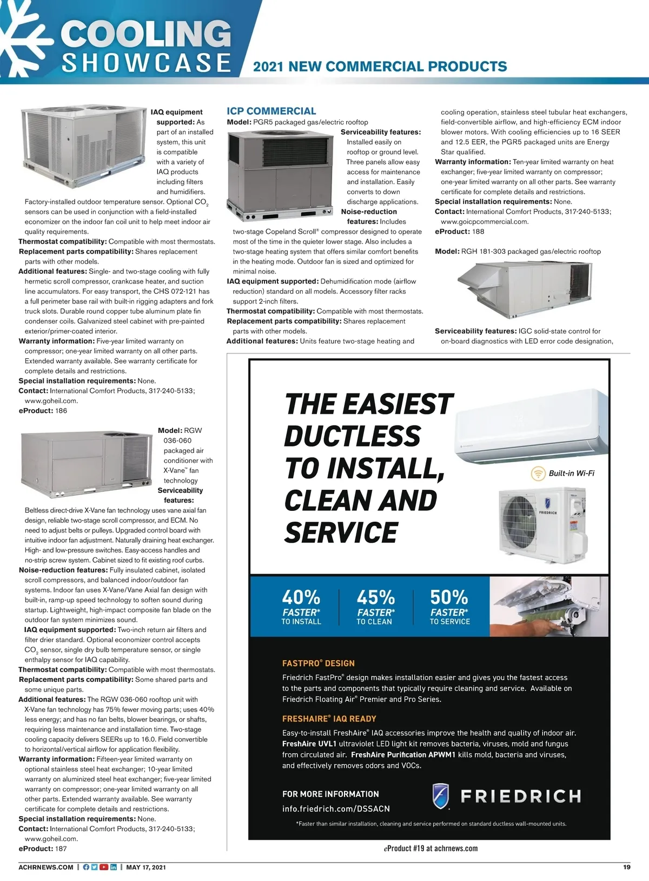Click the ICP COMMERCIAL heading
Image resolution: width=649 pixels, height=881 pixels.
tap(271, 111)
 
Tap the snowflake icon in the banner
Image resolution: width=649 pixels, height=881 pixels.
tap(24, 38)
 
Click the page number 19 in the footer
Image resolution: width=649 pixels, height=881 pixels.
tap(627, 867)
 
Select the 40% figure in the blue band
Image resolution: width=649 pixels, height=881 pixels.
tap(301, 597)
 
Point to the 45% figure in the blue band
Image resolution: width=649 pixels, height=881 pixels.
tap(375, 597)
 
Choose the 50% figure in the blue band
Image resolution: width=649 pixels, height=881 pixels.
tap(449, 597)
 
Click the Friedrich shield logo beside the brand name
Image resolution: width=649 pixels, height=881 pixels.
tap(441, 795)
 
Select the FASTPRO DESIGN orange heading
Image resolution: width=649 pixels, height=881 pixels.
tap(319, 663)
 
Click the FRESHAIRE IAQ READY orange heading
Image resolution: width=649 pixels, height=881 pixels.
tap(329, 719)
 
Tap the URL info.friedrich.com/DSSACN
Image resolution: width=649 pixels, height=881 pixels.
tap(336, 808)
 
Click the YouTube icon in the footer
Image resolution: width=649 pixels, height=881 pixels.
tap(104, 867)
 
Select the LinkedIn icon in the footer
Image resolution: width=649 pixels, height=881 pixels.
tap(114, 867)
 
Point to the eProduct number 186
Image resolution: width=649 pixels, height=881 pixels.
tap(61, 411)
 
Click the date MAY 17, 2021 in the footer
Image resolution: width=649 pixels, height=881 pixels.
tap(146, 867)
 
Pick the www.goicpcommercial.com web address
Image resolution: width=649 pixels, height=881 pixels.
tap(485, 221)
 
